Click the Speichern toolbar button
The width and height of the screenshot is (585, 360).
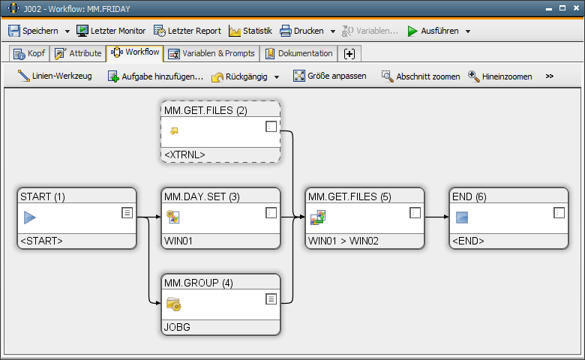[x=33, y=31]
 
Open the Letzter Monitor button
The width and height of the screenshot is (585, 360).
[x=111, y=31]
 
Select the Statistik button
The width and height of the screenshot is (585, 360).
[x=250, y=31]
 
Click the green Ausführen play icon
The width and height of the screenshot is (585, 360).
[x=412, y=31]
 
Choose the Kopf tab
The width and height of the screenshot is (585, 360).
[x=29, y=53]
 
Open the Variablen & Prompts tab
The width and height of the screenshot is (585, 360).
[x=211, y=53]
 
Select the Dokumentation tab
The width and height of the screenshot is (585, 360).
[x=298, y=53]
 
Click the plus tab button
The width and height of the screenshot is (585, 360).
[x=349, y=54]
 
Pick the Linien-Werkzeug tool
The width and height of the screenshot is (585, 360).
[x=55, y=76]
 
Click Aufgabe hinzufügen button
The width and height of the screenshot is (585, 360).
[x=155, y=76]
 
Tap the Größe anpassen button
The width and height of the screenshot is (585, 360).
[x=329, y=76]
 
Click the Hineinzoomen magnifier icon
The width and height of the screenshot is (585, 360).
[x=474, y=76]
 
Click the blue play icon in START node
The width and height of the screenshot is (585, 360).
[x=29, y=217]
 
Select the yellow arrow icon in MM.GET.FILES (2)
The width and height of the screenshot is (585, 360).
[x=174, y=130]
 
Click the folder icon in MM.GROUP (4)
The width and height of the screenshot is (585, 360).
[x=173, y=304]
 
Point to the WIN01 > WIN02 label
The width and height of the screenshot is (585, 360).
[x=343, y=241]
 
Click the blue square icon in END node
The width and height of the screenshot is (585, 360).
[x=462, y=217]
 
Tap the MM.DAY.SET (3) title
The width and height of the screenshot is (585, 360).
[x=202, y=196]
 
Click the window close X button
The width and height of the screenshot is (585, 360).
[x=577, y=7]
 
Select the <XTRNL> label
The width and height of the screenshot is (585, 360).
[x=184, y=154]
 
